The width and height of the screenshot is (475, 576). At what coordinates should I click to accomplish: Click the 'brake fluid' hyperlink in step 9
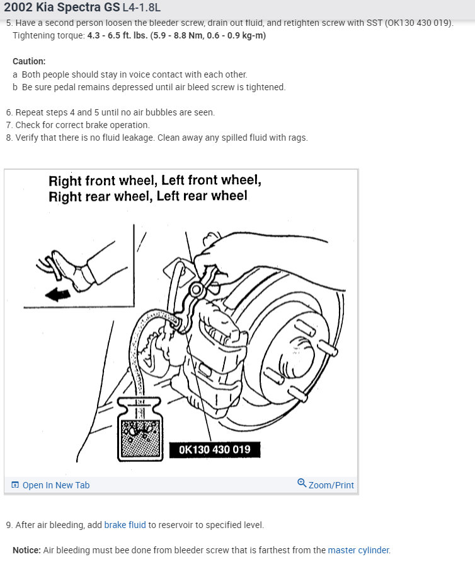(125, 525)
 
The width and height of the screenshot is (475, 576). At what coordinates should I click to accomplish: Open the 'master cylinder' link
(358, 550)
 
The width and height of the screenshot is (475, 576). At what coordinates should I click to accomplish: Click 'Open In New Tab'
(55, 485)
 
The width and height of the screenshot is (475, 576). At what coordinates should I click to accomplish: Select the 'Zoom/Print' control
(331, 485)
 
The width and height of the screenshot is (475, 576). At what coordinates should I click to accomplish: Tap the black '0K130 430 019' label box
(214, 450)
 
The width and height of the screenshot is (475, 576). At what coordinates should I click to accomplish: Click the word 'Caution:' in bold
(29, 61)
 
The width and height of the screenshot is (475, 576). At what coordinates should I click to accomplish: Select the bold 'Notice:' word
(26, 550)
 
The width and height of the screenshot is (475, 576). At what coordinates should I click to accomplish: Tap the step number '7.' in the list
(9, 125)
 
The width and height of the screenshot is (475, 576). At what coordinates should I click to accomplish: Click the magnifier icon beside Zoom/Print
(302, 484)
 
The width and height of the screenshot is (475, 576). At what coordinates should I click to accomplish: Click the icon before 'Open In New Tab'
(15, 485)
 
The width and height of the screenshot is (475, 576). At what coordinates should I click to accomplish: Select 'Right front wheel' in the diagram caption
(101, 181)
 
